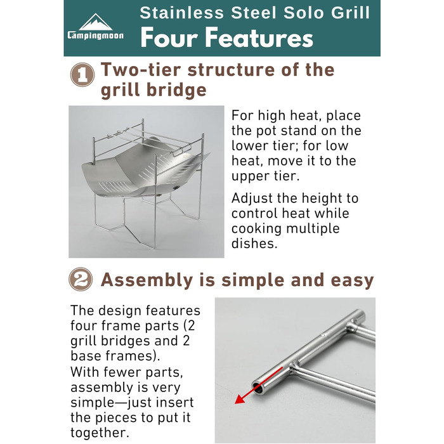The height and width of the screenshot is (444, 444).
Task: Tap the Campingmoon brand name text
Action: click(x=95, y=36)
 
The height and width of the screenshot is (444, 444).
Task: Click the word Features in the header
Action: click(x=259, y=38)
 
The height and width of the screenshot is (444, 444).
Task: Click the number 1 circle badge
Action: click(x=82, y=74)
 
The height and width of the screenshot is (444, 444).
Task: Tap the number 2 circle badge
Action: click(x=81, y=279)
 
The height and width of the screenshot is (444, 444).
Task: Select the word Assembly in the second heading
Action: click(x=147, y=280)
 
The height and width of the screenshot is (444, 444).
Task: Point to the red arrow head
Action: click(x=240, y=399)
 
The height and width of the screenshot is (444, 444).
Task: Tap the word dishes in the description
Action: click(x=254, y=243)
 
